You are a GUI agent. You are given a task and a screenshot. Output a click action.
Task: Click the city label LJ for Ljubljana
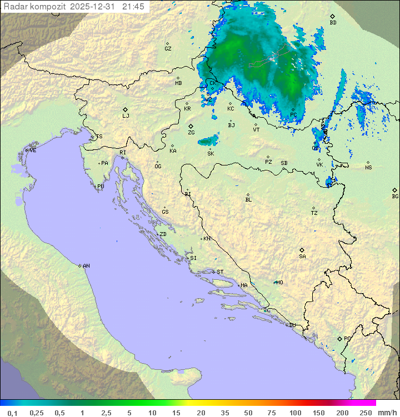(126, 116)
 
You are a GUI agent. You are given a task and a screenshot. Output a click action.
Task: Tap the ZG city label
(191, 133)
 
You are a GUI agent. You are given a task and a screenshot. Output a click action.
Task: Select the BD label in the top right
(333, 23)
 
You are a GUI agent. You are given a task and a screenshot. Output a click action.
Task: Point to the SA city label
(302, 256)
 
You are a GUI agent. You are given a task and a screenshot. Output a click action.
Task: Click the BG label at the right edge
(395, 196)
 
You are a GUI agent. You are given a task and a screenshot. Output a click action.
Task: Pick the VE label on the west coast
(33, 150)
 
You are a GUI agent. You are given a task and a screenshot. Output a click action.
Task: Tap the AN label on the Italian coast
(86, 266)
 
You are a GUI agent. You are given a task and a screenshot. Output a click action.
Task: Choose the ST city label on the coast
(220, 272)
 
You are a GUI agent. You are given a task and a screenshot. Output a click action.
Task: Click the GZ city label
(168, 48)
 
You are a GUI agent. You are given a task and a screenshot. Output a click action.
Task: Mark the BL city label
(248, 199)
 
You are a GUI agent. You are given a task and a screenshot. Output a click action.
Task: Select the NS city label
(368, 167)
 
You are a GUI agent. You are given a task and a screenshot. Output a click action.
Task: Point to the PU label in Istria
(101, 187)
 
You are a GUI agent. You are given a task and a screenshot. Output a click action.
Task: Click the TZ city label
(314, 213)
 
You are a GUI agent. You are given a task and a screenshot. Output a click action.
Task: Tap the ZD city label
(163, 234)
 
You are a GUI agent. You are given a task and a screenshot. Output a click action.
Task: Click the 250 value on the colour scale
(365, 413)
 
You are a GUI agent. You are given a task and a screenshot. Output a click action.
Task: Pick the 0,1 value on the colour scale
(13, 413)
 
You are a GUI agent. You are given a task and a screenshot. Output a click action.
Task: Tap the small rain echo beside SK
(209, 141)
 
